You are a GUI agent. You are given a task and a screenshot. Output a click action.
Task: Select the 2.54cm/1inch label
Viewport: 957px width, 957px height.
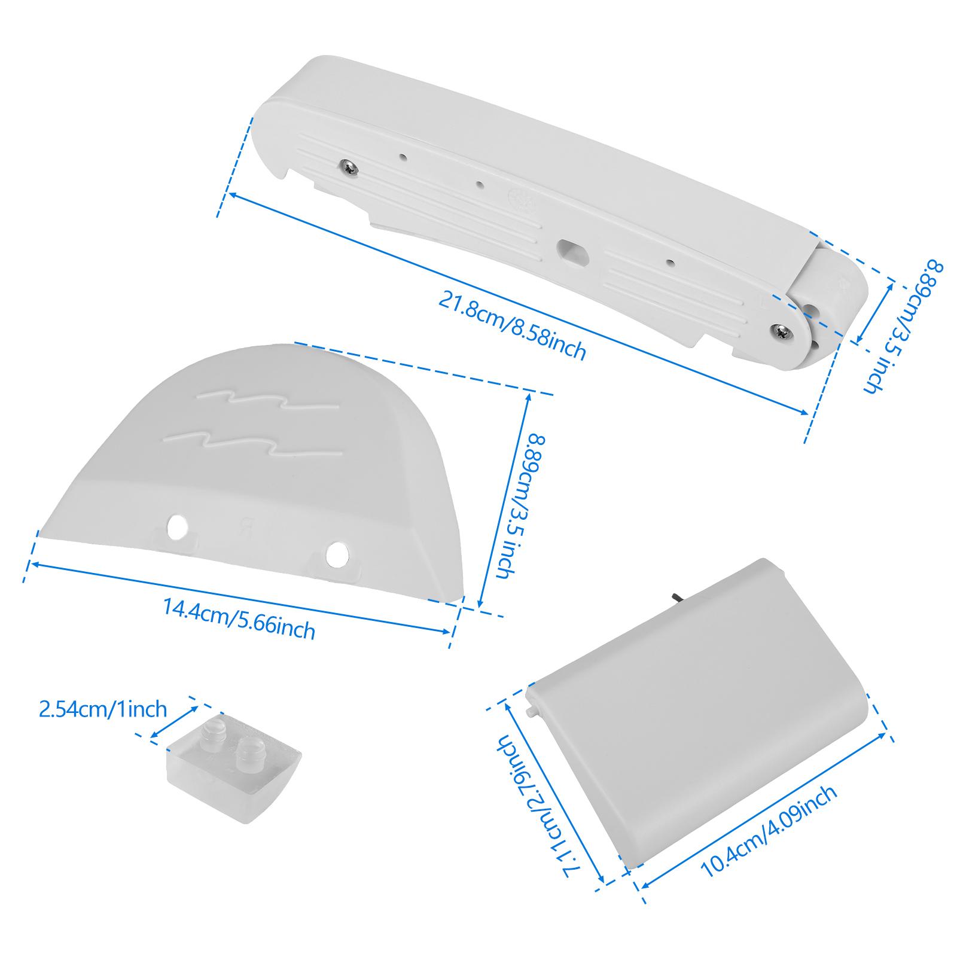coord(102,709)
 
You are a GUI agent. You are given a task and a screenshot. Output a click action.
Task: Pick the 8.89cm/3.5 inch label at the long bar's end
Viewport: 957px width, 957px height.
coord(903,325)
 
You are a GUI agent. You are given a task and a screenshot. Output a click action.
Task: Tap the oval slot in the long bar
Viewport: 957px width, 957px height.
coord(572,249)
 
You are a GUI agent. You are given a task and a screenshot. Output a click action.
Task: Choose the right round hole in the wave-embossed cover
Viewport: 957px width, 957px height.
coord(337,553)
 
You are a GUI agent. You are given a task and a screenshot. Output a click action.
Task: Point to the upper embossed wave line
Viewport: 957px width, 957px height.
coord(269,401)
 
